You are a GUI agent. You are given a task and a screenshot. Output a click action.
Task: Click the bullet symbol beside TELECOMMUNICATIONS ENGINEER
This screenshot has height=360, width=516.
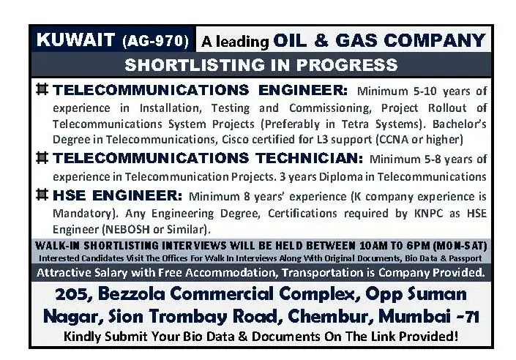(42, 91)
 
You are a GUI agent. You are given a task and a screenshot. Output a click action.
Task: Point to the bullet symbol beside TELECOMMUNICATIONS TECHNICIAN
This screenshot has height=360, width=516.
(42, 157)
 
